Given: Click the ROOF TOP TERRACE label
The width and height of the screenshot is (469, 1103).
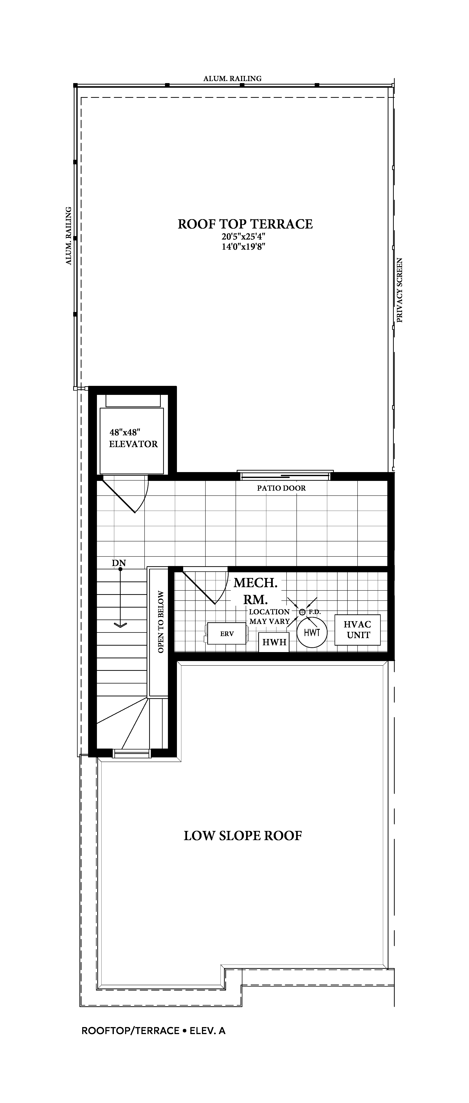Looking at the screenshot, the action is click(x=245, y=224).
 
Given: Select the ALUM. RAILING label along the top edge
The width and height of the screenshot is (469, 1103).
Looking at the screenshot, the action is click(x=232, y=78).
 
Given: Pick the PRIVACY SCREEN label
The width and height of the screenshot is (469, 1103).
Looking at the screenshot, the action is click(x=400, y=290).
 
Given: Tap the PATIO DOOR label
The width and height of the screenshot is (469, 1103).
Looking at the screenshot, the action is click(x=281, y=488).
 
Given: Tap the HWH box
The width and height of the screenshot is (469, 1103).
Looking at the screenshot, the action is click(x=274, y=642).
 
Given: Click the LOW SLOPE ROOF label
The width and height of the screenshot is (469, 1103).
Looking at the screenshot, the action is click(x=243, y=836).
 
